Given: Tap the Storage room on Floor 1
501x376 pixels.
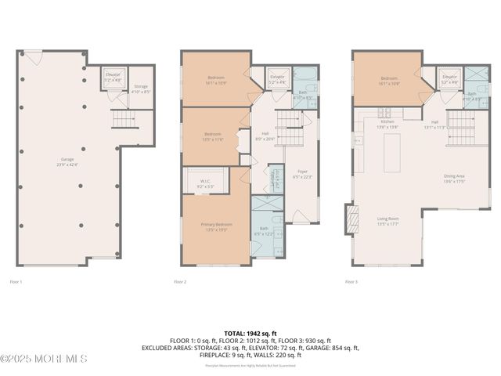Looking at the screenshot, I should click(141, 89).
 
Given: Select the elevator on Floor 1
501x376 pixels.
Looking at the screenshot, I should click(114, 79).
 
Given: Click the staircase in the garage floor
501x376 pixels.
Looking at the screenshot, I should click(123, 119).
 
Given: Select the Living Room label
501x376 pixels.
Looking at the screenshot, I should click(388, 222).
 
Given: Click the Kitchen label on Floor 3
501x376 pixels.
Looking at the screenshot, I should click(387, 124).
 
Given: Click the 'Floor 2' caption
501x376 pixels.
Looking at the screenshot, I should click(180, 281).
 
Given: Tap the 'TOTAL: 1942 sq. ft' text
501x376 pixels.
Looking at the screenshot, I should click(250, 333).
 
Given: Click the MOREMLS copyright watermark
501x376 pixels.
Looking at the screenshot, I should click(44, 359).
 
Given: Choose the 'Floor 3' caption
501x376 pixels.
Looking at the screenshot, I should click(351, 281).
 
